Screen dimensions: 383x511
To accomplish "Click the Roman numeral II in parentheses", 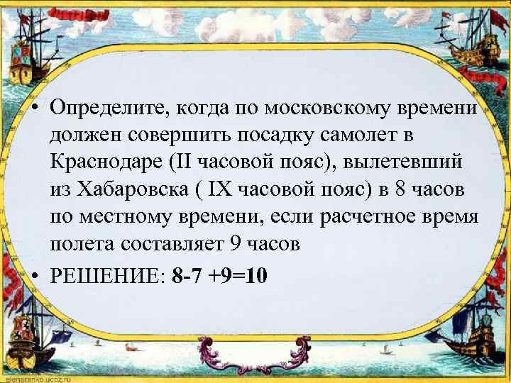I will coord(180,161).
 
